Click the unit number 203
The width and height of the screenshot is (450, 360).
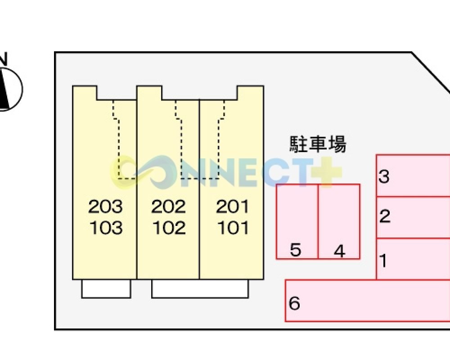coord(105,207)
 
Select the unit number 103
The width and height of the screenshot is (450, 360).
coord(106,228)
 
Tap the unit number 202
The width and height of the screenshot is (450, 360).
coord(168,207)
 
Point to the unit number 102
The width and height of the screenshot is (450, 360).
coord(169,228)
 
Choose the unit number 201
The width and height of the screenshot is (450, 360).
coord(232,207)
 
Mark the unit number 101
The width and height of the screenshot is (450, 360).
coord(233,228)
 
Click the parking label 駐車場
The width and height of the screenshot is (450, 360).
coord(318,144)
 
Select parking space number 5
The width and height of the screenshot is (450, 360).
coord(296,250)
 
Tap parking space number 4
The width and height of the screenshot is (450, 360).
coord(339,251)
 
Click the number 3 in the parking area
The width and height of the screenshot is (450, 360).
coord(384,176)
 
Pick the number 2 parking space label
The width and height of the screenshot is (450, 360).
coord(385,216)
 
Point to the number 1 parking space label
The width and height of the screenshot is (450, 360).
coord(383,261)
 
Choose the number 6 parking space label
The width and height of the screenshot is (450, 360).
coord(294,303)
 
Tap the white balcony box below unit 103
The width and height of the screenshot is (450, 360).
coord(106,289)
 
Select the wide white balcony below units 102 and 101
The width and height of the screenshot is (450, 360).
coord(200,289)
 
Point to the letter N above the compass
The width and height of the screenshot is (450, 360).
coord(3,59)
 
